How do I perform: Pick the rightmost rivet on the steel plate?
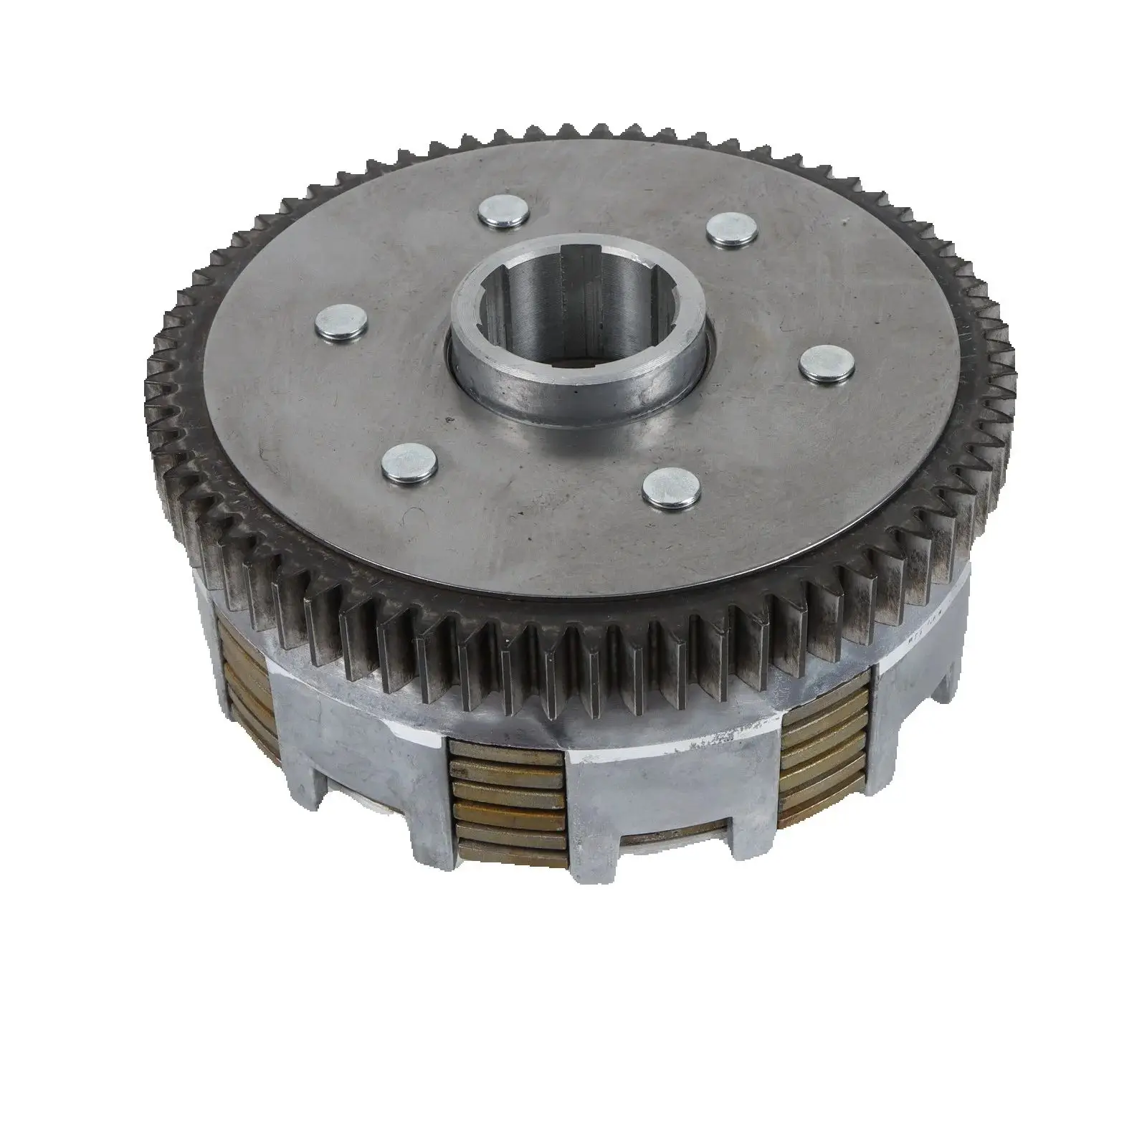(x=822, y=360)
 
